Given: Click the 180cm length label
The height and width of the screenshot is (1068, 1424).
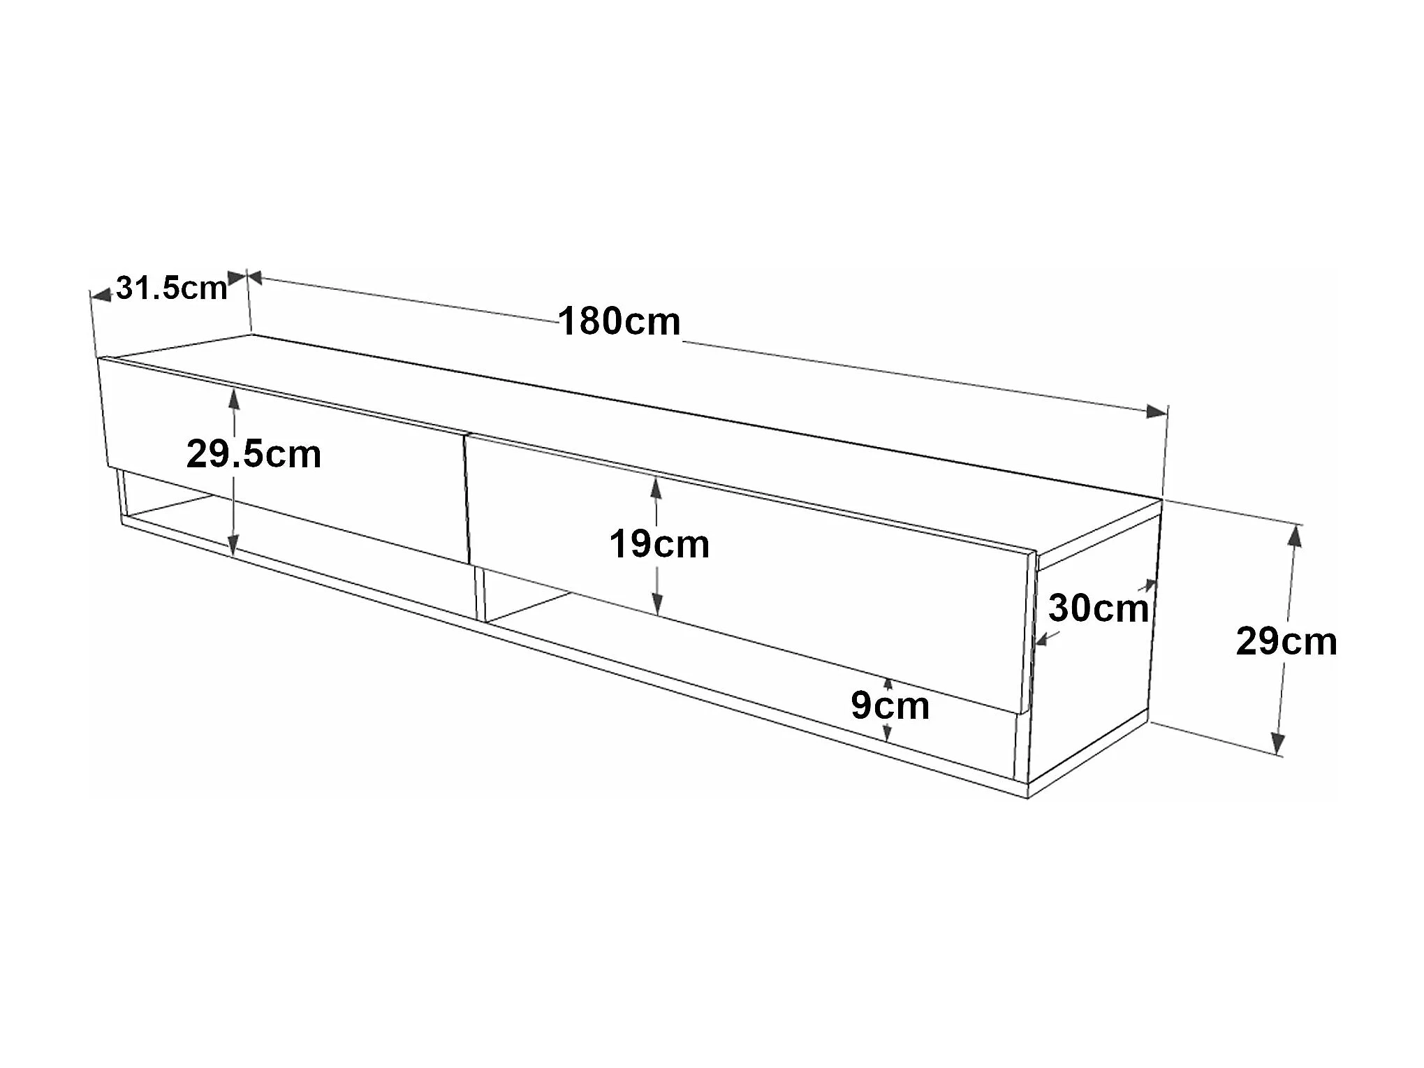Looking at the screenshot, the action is tap(619, 322).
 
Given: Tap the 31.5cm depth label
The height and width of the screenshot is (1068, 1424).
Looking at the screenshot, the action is tap(172, 288).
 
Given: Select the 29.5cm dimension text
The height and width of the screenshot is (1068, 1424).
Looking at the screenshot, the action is tap(254, 454).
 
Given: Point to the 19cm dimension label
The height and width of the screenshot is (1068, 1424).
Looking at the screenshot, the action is tap(659, 544).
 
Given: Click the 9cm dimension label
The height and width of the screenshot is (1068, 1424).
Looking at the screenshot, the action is tap(890, 705).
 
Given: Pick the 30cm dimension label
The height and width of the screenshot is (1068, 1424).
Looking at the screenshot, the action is tap(1098, 608).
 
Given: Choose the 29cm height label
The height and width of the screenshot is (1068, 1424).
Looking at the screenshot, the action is tap(1286, 641).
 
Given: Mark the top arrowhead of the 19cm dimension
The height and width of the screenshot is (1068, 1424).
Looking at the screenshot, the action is tap(656, 488).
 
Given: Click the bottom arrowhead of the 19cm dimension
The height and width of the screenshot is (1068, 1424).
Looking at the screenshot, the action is tap(656, 604).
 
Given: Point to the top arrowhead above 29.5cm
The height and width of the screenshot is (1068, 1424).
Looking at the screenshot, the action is tap(234, 399).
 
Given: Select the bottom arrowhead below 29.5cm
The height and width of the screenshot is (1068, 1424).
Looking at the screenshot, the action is tap(234, 545).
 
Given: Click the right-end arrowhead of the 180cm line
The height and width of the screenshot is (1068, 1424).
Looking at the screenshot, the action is tap(1157, 411).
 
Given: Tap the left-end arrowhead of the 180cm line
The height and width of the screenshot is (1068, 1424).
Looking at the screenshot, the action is tap(254, 278).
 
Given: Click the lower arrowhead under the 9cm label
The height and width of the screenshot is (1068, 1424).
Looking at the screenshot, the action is tap(887, 733).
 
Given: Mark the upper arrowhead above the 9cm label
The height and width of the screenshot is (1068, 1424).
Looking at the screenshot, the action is tap(888, 684).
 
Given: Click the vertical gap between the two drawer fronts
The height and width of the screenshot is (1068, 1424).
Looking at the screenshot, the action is tap(466, 499).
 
